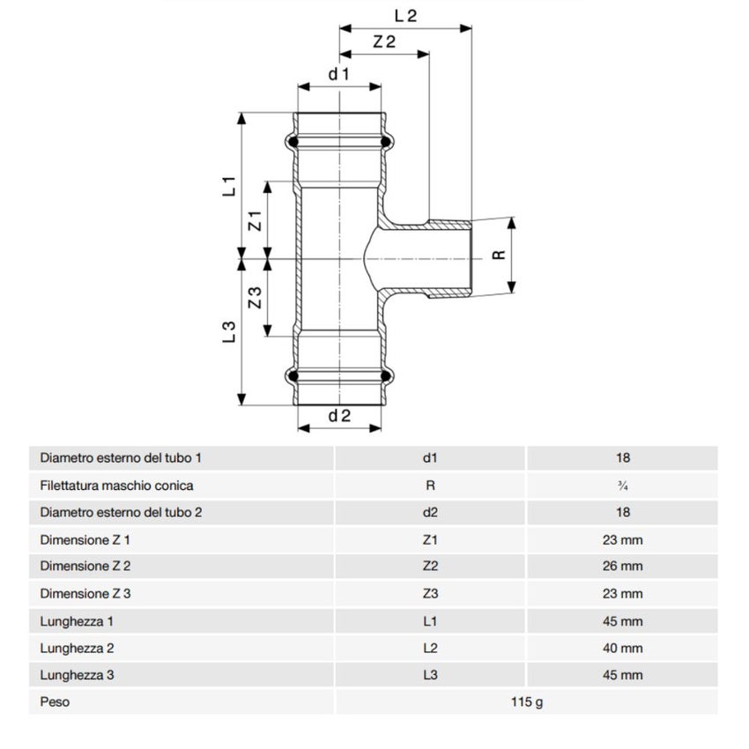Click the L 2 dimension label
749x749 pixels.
(405, 14)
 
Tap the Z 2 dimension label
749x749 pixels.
(383, 41)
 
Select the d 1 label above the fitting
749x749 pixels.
(339, 74)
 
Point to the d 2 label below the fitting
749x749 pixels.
(339, 416)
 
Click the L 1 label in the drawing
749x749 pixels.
(228, 186)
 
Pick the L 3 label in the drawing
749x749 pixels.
(228, 331)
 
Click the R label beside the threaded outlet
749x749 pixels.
(499, 255)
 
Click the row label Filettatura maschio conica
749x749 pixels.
(116, 485)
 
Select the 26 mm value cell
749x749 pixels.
(622, 566)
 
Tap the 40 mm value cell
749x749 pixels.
(622, 648)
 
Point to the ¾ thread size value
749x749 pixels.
(622, 485)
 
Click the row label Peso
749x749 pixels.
(55, 702)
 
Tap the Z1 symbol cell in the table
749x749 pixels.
(430, 538)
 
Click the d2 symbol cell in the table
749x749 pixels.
(430, 511)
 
